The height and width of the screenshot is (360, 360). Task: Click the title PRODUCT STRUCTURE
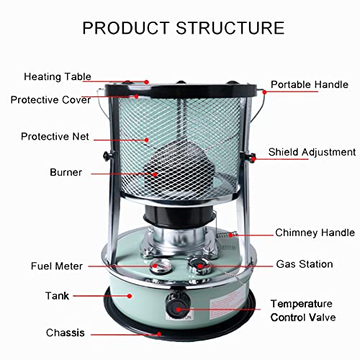point(183,28)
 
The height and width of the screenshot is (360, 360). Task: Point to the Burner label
point(66,173)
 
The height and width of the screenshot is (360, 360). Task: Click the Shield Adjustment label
point(312,152)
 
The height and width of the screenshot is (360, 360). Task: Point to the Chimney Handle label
point(315,233)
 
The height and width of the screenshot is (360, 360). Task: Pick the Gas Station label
point(304,264)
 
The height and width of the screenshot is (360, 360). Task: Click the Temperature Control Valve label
point(312,310)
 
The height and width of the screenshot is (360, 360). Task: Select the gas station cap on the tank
point(197,266)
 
